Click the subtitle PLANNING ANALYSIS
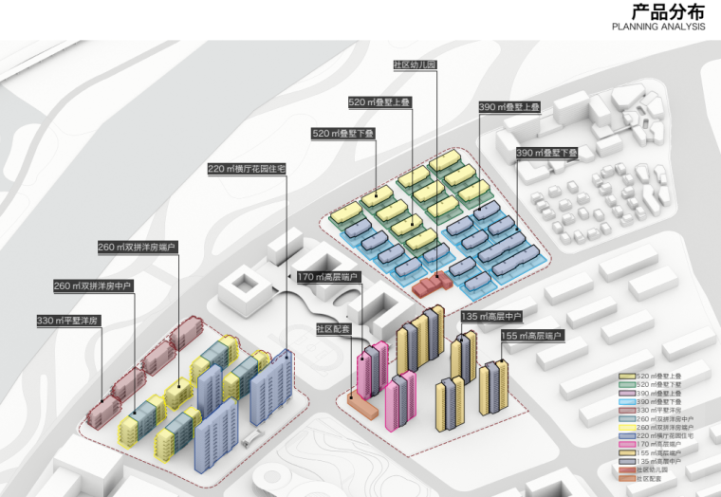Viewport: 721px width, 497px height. [658, 28]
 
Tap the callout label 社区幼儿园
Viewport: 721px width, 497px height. [415, 64]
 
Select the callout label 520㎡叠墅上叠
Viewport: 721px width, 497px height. [379, 101]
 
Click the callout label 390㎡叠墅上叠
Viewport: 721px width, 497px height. [508, 107]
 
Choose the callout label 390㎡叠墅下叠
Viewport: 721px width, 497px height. [547, 153]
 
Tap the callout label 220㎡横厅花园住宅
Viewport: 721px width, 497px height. [247, 169]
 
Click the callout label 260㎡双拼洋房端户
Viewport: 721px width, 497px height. [138, 248]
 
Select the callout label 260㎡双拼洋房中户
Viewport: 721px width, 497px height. [93, 285]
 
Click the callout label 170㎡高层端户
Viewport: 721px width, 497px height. [328, 277]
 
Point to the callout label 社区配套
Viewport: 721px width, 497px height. [334, 329]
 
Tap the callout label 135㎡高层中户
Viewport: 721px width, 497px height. [491, 316]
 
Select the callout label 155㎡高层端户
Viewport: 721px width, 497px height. [531, 336]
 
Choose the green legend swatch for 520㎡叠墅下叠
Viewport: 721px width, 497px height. [627, 384]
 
